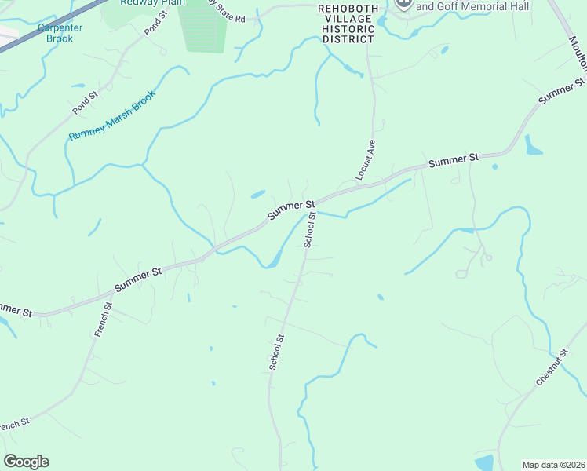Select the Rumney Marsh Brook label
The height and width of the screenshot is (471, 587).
[x=112, y=115]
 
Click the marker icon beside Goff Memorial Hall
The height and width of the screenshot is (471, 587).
[x=403, y=3]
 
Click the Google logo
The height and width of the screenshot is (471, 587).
[x=26, y=462]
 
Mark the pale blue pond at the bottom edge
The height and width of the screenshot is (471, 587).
[x=483, y=463]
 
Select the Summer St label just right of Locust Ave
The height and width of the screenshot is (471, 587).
[x=453, y=160]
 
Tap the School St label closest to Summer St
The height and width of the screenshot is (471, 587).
[x=310, y=230]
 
